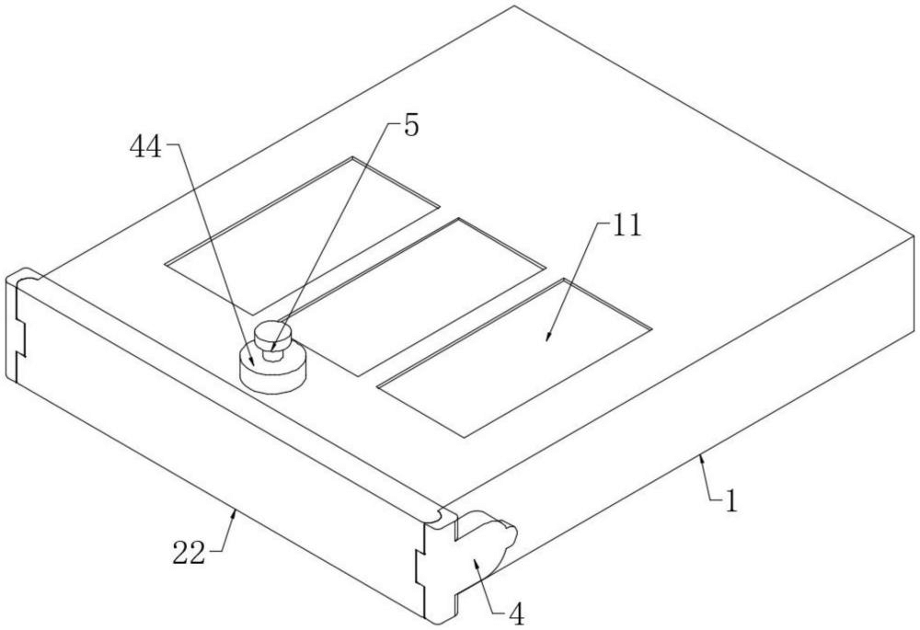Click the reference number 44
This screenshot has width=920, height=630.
[x=145, y=148]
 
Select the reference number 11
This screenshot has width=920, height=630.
[x=627, y=226]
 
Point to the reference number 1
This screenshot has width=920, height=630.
[x=731, y=502]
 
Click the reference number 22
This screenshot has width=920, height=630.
[x=189, y=553]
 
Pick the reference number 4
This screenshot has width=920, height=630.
[x=516, y=614]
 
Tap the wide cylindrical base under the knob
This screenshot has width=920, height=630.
[x=273, y=370]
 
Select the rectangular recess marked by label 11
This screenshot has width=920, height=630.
[x=514, y=358]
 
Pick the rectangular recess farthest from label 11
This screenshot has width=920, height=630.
[x=303, y=235]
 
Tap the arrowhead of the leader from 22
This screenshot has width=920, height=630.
[x=236, y=514]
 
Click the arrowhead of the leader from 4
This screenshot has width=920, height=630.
[x=477, y=564]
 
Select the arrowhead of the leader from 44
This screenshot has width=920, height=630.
[x=252, y=360]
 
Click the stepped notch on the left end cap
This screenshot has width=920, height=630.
[x=22, y=338]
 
